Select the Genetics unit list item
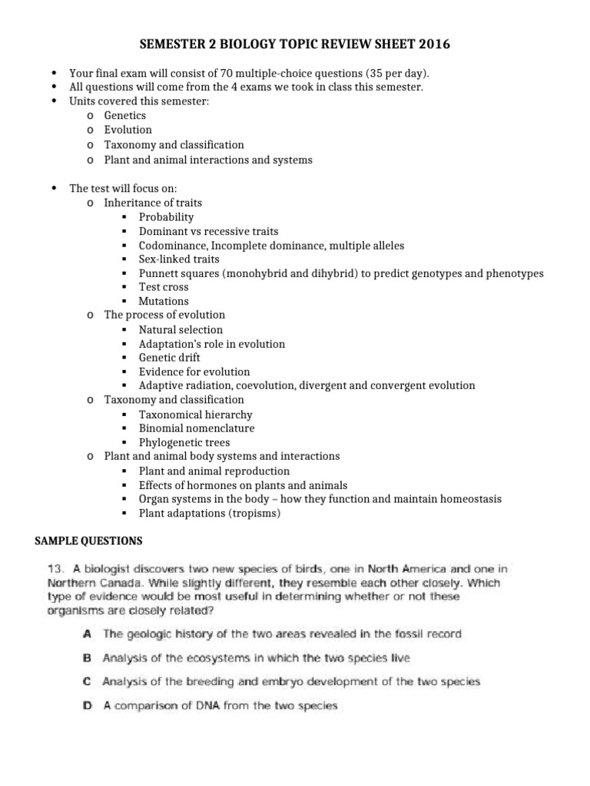tap(124, 115)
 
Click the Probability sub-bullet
tap(166, 217)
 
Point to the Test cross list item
tap(164, 287)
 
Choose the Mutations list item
tap(164, 302)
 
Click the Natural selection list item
tap(181, 330)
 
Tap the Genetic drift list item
tap(170, 358)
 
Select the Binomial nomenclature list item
tap(197, 428)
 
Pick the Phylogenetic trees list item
tap(184, 443)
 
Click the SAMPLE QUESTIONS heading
tap(89, 541)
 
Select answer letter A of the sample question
tap(87, 634)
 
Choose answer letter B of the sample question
tap(87, 658)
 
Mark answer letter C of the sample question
tap(87, 682)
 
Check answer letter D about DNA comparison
tap(87, 705)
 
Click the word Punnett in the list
tap(159, 273)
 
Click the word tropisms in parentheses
tap(253, 514)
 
